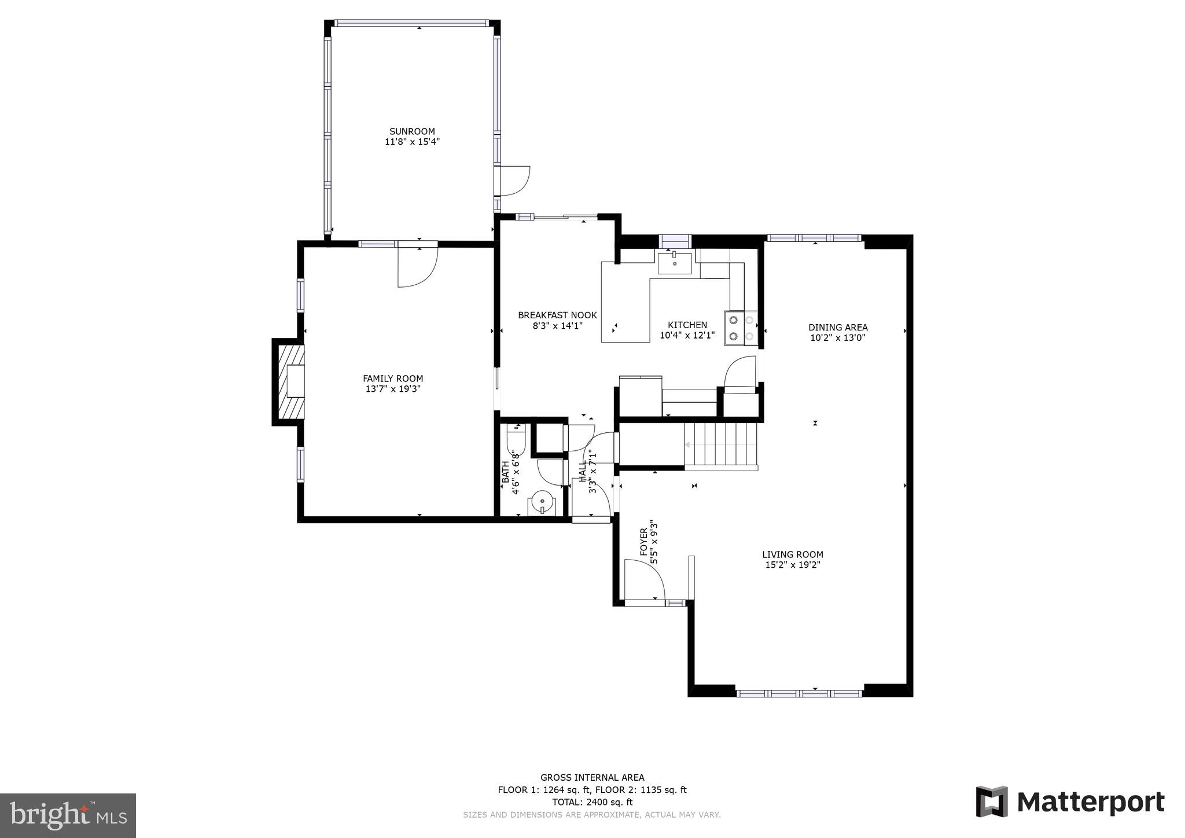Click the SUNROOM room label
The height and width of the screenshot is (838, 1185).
tap(412, 131)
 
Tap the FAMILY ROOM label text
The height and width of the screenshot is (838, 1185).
tap(393, 378)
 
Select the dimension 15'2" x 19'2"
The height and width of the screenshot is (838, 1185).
tap(793, 565)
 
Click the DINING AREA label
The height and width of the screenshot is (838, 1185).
tap(838, 328)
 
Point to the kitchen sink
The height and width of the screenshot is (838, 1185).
tap(674, 263)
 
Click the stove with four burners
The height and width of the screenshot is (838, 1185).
tap(741, 328)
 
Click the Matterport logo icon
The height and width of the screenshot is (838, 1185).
tap(992, 802)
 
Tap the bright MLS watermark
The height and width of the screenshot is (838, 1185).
tap(68, 815)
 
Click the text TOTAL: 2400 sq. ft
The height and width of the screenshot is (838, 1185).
tap(592, 802)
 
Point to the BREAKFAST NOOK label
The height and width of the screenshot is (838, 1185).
tap(557, 315)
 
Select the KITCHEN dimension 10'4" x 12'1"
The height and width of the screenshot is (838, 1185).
tap(687, 335)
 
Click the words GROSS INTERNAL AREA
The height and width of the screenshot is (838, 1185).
tap(592, 778)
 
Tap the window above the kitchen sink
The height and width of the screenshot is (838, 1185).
tap(675, 240)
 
